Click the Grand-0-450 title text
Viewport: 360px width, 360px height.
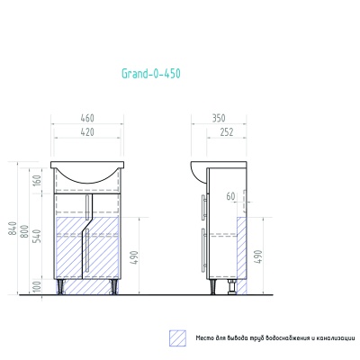(151, 74)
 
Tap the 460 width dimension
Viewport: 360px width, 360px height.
(87, 118)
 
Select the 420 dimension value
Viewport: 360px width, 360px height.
(87, 132)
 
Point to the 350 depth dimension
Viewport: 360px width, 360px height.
(219, 118)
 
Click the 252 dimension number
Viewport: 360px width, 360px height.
(227, 132)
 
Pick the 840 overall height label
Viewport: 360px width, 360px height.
(13, 229)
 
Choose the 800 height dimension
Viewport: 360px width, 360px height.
(26, 231)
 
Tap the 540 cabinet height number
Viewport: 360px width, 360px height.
(38, 236)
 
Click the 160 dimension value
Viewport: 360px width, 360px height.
(37, 180)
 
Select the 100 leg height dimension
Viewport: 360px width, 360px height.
(38, 287)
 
